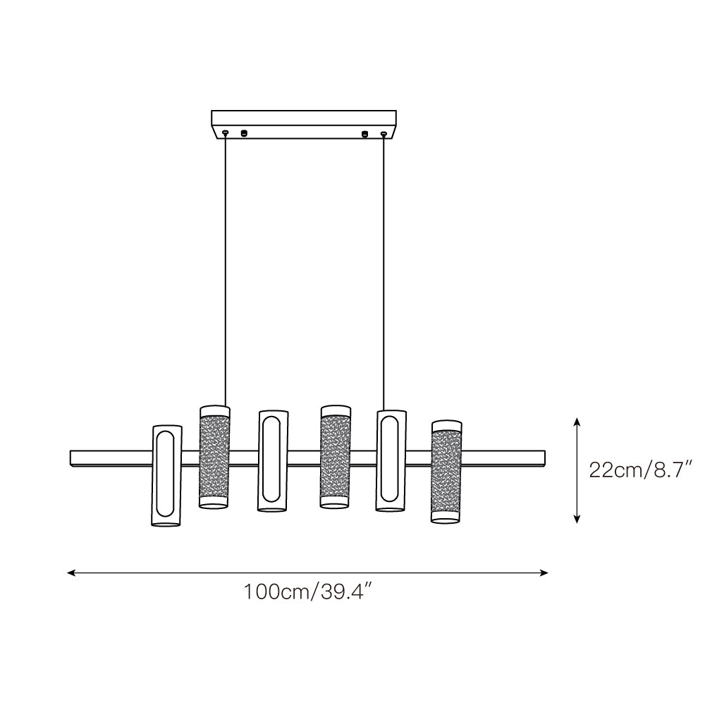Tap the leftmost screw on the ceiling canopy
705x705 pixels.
[x=226, y=133]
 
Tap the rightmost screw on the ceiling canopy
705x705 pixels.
[x=384, y=133]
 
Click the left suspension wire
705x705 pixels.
[x=226, y=270]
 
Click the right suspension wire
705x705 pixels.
[x=384, y=272]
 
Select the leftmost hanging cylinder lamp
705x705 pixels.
[x=167, y=476]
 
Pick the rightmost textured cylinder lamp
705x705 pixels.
[x=446, y=472]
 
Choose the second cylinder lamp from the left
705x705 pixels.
[x=214, y=458]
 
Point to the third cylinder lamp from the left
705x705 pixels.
[x=273, y=461]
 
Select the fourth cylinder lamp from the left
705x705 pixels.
[x=336, y=458]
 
